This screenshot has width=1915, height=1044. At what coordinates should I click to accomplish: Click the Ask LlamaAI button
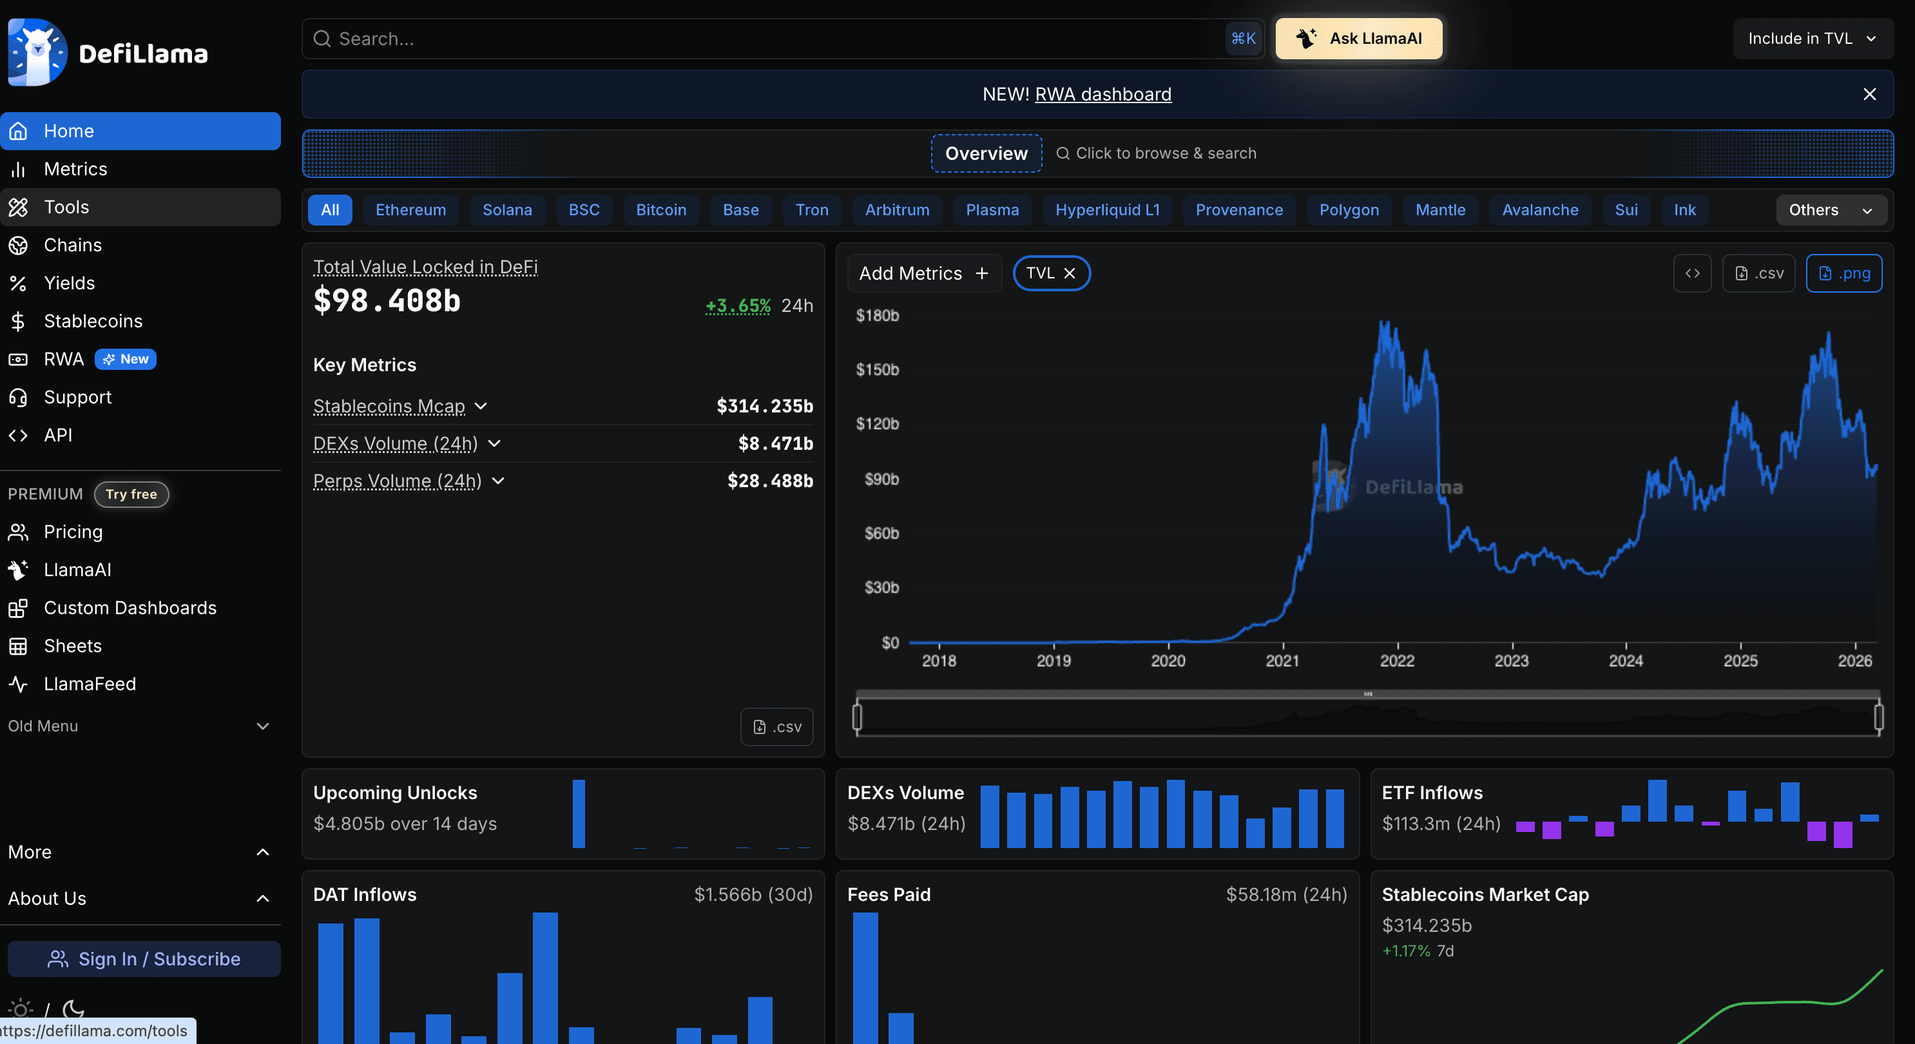(1358, 39)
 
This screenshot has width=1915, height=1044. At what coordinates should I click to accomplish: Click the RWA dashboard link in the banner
(1102, 95)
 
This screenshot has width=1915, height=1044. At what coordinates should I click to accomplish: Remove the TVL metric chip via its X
(1070, 274)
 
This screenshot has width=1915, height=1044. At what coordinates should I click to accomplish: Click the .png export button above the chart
(1843, 274)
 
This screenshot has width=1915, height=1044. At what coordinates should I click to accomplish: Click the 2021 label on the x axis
(1282, 661)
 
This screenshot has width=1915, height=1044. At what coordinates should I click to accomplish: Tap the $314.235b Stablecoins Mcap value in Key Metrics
(764, 406)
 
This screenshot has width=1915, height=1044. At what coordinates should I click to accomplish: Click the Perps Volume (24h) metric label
(397, 481)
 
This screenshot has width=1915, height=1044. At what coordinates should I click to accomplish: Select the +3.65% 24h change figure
(737, 305)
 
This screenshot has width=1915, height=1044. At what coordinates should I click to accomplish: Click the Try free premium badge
(131, 494)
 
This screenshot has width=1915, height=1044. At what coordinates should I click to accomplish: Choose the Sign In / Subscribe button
(144, 958)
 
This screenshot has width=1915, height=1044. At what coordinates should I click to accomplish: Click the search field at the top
(765, 39)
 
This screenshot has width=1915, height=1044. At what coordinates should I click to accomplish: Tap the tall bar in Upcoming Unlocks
(579, 813)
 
